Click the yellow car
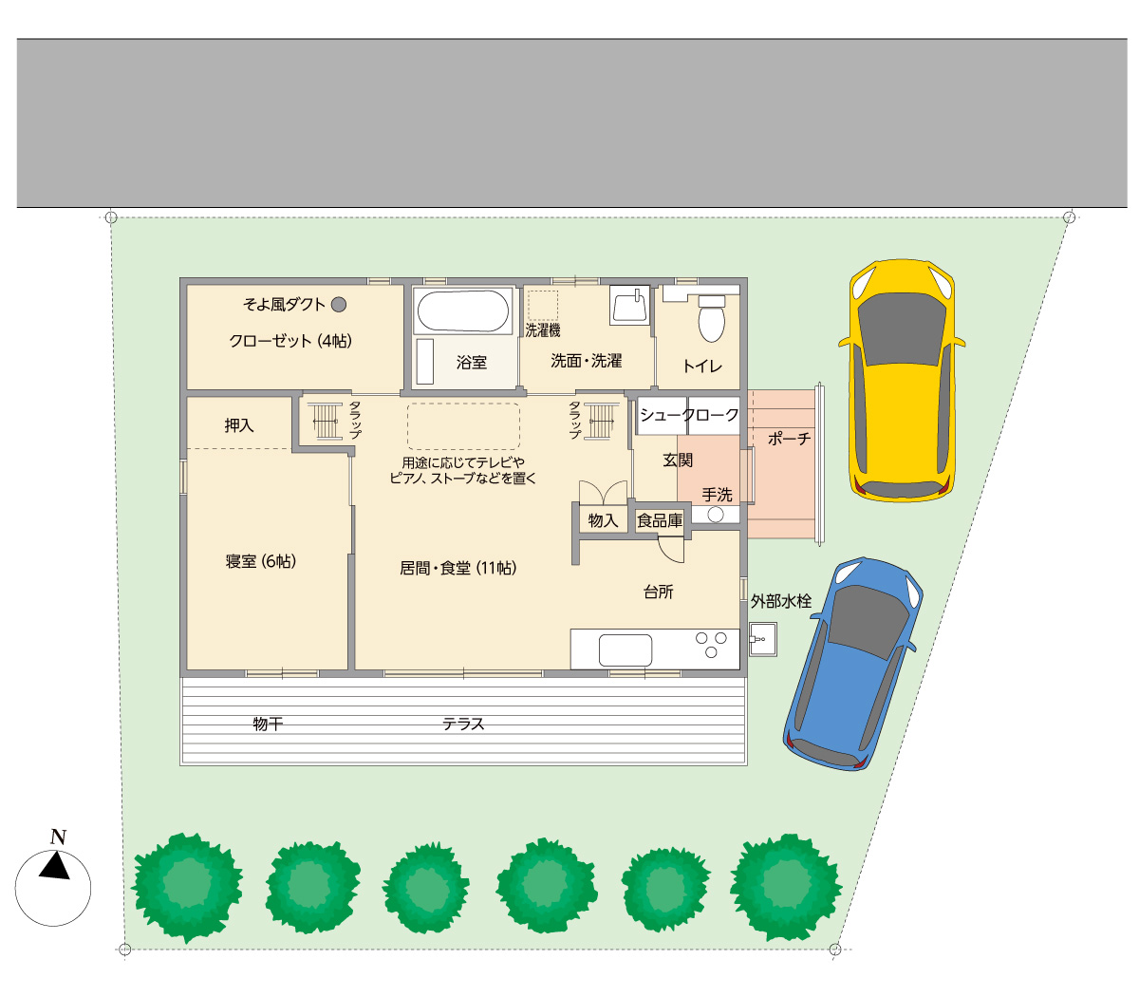tap(902, 380)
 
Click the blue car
tap(853, 664)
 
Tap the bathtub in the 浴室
tap(462, 310)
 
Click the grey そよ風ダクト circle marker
tap(339, 304)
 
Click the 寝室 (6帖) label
tap(260, 561)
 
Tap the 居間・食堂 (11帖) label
tap(458, 568)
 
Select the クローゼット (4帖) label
tap(290, 340)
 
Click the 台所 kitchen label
tap(659, 593)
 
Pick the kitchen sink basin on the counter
tap(626, 650)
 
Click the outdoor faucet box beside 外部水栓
tap(763, 639)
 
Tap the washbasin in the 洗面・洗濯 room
tap(629, 305)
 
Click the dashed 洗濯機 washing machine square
tap(543, 305)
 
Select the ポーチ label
tap(789, 439)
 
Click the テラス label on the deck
tap(463, 724)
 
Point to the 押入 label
tap(239, 425)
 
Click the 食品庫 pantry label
tap(660, 520)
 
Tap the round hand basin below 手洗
tap(716, 515)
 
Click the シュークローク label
tap(689, 414)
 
